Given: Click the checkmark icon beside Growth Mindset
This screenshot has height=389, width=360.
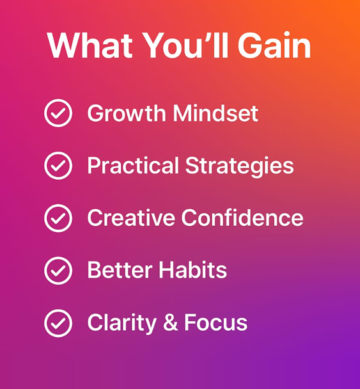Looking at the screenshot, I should tap(58, 114).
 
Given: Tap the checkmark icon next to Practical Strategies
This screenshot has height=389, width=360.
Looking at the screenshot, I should tap(58, 166).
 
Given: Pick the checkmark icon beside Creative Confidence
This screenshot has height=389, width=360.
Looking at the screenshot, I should tap(58, 218).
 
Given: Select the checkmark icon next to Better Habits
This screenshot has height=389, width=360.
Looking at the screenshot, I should tap(58, 271).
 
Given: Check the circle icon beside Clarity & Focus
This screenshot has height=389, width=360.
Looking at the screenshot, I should tap(58, 322).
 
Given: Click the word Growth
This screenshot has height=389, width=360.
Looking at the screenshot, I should tap(125, 114).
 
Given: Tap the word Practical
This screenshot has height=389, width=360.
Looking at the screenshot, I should tap(133, 166).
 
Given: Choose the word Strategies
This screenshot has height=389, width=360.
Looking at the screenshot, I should tap(239, 166).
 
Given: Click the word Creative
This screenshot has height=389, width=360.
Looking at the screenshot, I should tap(131, 218).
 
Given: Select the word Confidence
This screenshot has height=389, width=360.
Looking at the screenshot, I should tap(242, 218).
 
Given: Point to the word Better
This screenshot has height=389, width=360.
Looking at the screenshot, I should tap(114, 271).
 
